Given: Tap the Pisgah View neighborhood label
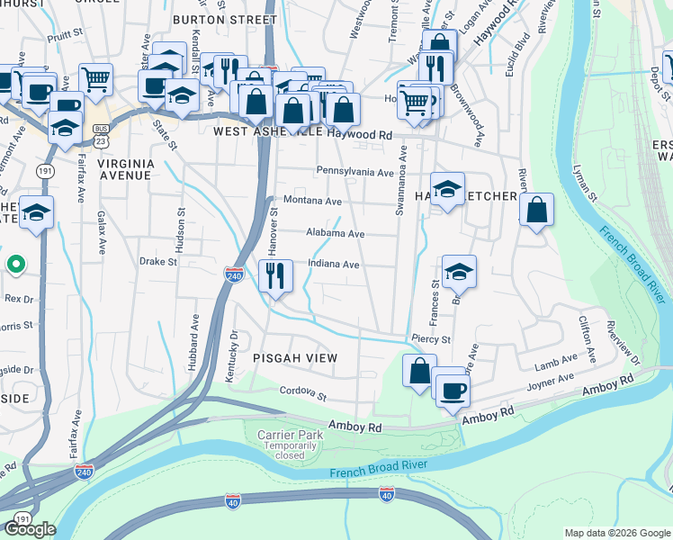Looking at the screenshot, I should (x=295, y=358).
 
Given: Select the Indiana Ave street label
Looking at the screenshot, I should (x=334, y=265).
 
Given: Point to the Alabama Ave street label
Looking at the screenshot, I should (x=334, y=233).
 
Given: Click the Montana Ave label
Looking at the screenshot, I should (x=312, y=201).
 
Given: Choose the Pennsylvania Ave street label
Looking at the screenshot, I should (x=354, y=172).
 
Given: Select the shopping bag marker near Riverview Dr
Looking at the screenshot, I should (x=536, y=211).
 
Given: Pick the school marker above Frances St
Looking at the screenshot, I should (x=459, y=272).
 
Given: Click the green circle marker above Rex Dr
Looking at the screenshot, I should (x=15, y=265).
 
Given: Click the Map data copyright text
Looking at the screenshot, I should (x=616, y=533).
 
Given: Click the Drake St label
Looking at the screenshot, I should (x=157, y=262).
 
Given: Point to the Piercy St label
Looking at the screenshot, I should (x=431, y=339).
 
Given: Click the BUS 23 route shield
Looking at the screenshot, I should (x=102, y=136).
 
